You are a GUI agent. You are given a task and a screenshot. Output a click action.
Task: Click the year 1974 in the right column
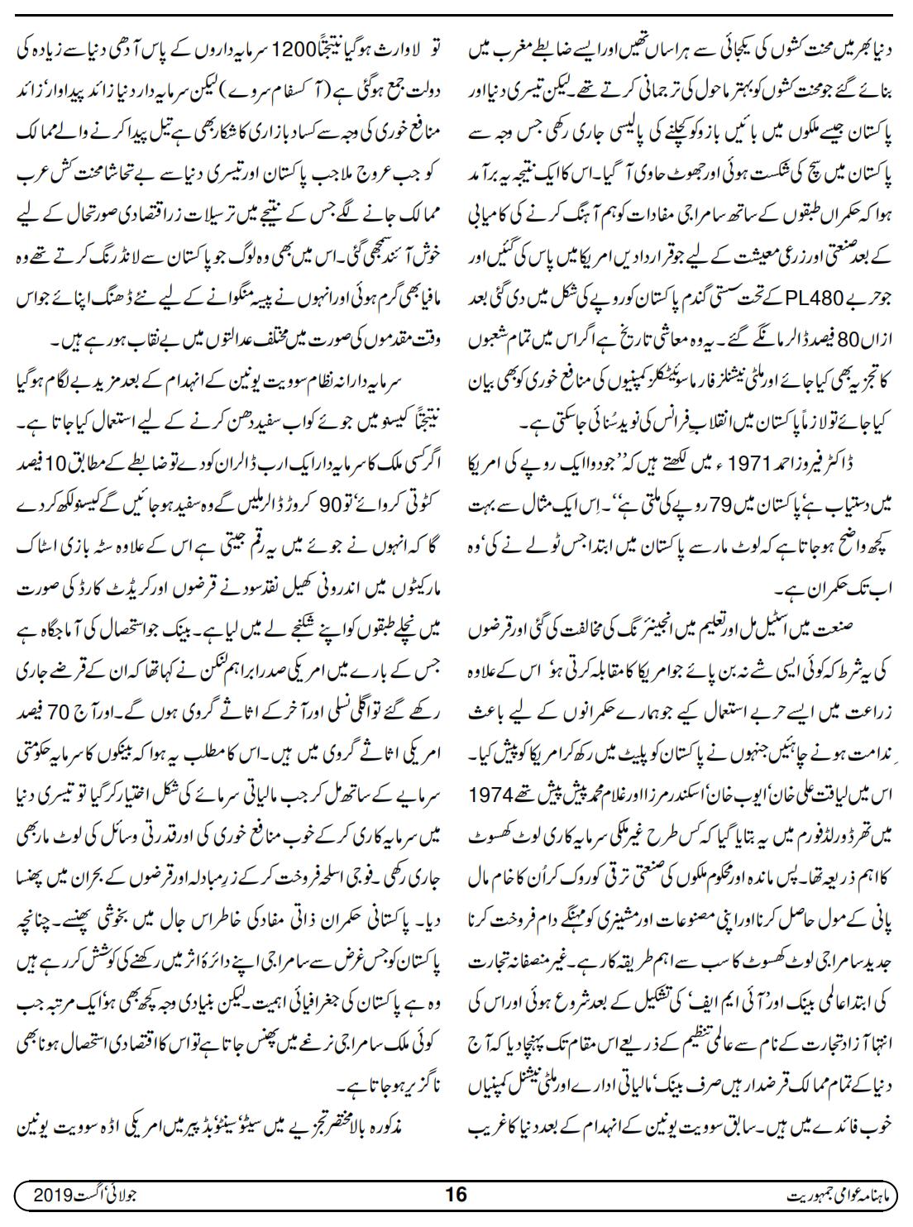click(x=506, y=755)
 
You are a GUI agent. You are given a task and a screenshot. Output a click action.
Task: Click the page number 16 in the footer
click(x=456, y=1195)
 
